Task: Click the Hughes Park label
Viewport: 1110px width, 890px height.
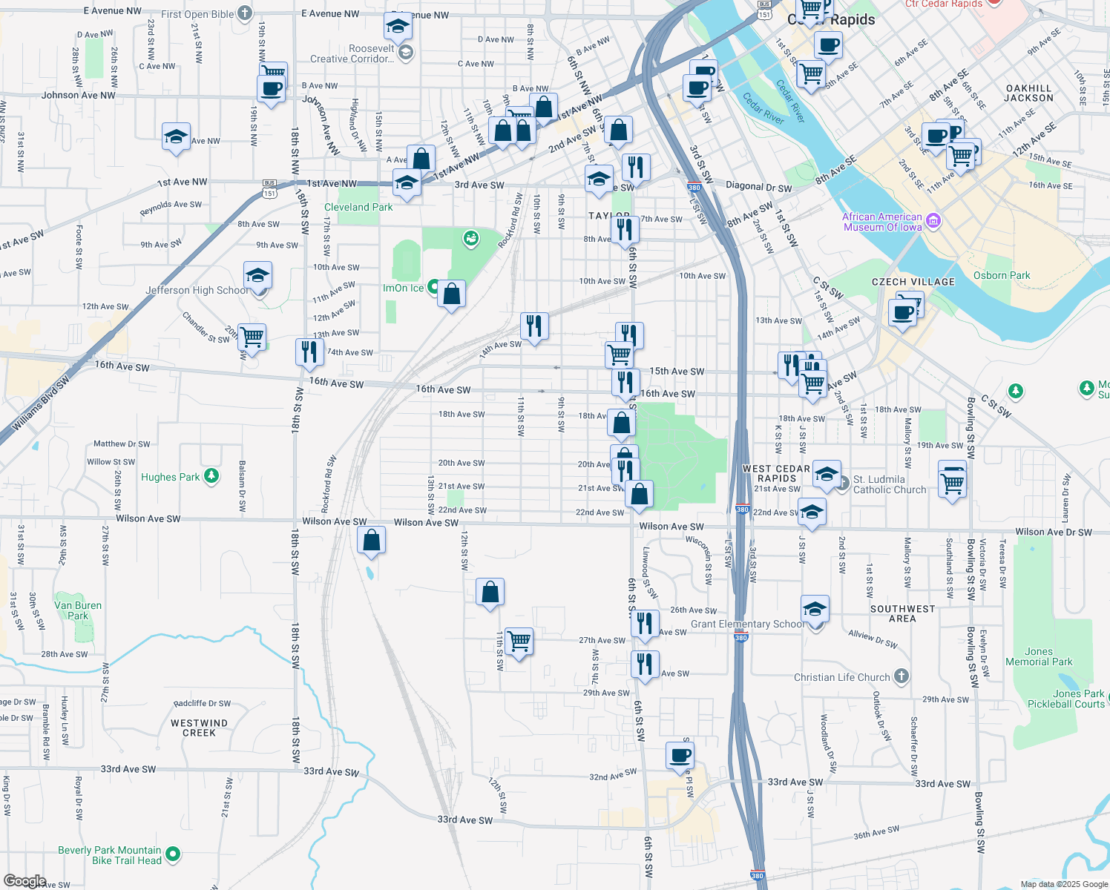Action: pos(170,477)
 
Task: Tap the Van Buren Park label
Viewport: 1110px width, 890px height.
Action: pos(78,610)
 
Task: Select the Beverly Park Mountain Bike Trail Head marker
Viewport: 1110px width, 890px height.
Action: pos(173,854)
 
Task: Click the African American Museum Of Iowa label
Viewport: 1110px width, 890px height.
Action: pos(882,222)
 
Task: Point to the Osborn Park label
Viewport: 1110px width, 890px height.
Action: pos(1001,275)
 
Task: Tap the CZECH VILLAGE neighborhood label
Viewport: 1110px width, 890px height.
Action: pos(913,282)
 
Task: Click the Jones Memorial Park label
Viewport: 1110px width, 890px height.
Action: pos(1039,656)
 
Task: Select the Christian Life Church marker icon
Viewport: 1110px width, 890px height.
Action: pos(902,676)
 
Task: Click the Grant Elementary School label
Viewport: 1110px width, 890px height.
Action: pos(746,624)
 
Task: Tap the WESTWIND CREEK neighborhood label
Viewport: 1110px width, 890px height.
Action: pos(199,728)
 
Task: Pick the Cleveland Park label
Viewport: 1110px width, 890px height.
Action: pos(358,207)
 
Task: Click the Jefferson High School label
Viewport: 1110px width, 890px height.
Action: pos(197,290)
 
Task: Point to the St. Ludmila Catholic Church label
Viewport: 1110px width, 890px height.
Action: pos(889,484)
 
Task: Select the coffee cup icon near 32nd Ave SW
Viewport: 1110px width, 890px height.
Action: pos(680,756)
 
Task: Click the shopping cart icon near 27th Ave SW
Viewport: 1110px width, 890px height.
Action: pos(519,640)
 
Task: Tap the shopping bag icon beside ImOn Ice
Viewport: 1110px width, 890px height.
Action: pos(451,294)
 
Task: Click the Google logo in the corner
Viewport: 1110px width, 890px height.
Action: pos(24,881)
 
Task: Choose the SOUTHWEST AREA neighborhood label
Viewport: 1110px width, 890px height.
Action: pos(902,613)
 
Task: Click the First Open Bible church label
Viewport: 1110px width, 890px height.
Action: pos(197,14)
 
